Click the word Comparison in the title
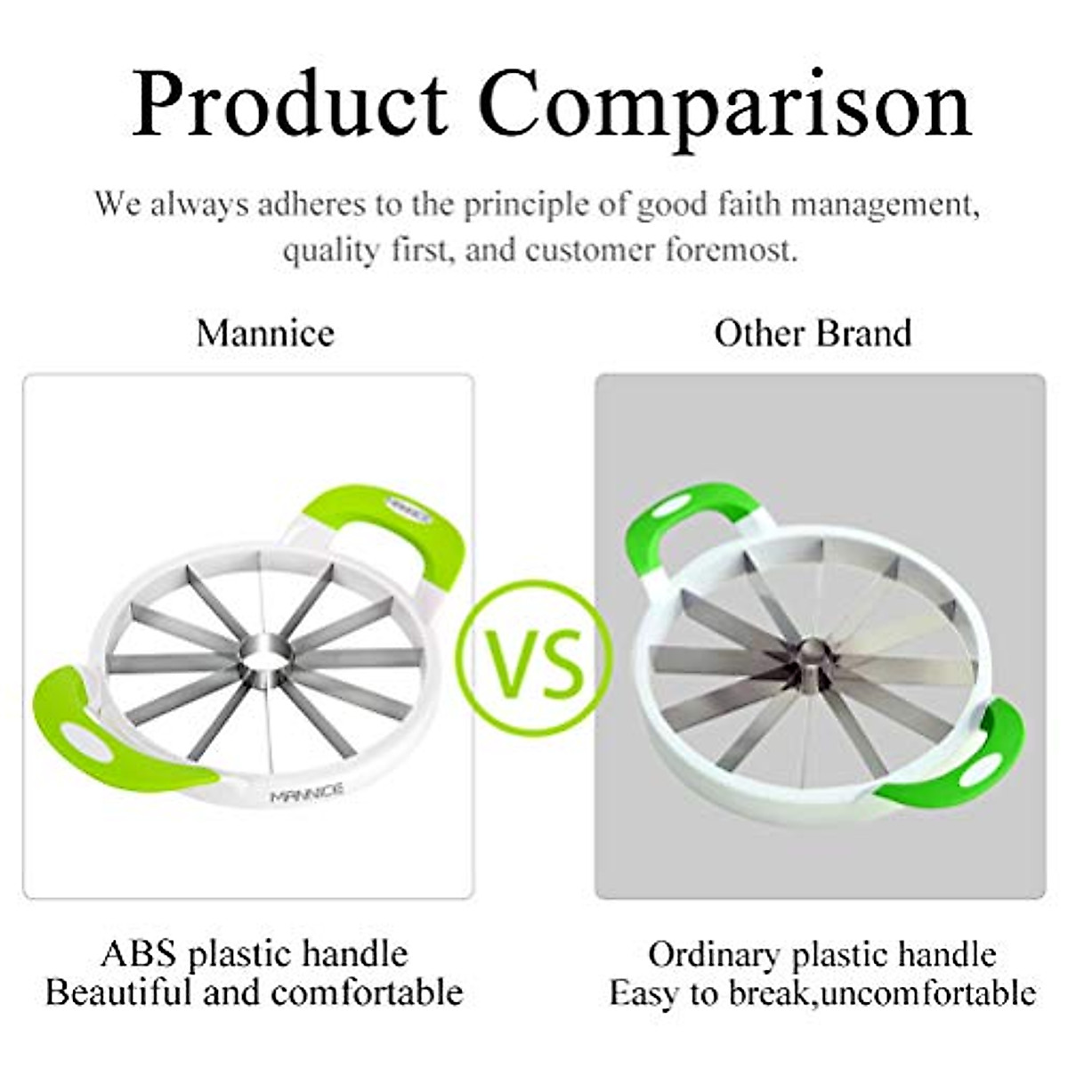pyautogui.click(x=725, y=105)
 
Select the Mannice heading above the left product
pyautogui.click(x=265, y=334)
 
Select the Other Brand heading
pyautogui.click(x=813, y=334)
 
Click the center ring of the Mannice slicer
pyautogui.click(x=265, y=658)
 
